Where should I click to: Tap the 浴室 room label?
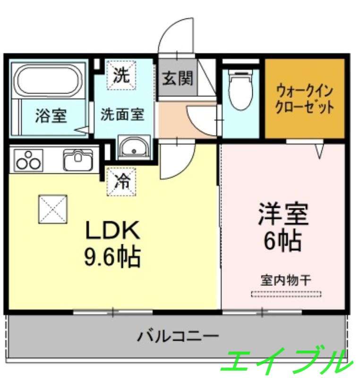pyautogui.click(x=51, y=116)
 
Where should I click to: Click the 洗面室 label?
pyautogui.click(x=122, y=114)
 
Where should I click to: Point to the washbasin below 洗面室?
pyautogui.click(x=134, y=148)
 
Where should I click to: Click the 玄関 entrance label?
pyautogui.click(x=178, y=78)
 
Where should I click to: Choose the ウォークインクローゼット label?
pyautogui.click(x=305, y=98)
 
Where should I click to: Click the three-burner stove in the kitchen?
pyautogui.click(x=28, y=160)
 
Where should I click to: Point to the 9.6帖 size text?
pyautogui.click(x=112, y=257)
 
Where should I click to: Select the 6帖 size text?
pyautogui.click(x=283, y=242)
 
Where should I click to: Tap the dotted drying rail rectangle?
pyautogui.click(x=286, y=294)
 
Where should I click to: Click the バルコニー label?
pyautogui.click(x=178, y=336)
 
